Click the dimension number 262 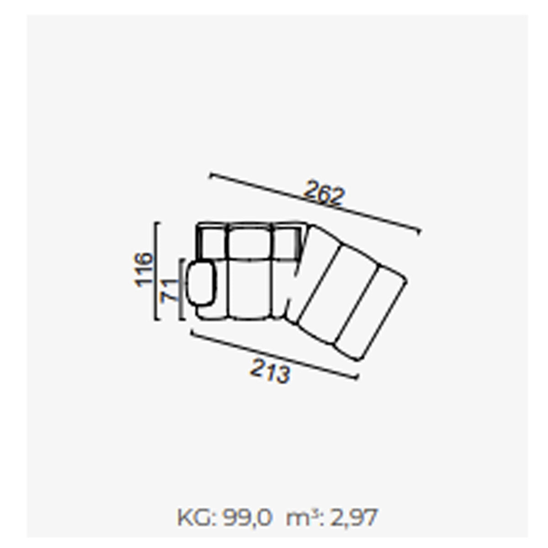click(324, 193)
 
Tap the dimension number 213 click(270, 371)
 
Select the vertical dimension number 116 click(143, 269)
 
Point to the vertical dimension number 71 click(169, 290)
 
